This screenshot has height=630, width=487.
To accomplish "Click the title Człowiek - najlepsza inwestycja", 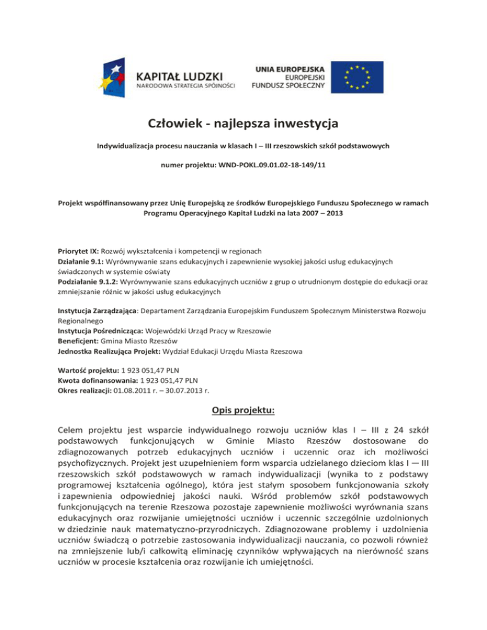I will pyautogui.click(x=243, y=122).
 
